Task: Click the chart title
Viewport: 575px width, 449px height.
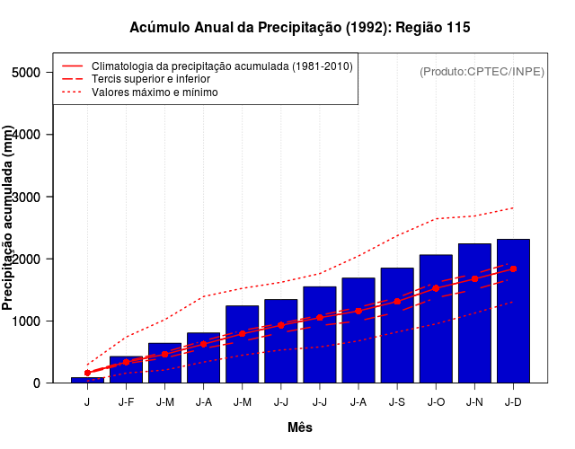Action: tap(300, 28)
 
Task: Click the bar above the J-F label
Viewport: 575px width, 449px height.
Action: tap(126, 373)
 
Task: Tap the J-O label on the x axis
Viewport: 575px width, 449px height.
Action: tap(436, 401)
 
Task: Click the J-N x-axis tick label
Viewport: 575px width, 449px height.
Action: tap(474, 401)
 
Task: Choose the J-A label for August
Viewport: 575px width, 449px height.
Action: tap(358, 401)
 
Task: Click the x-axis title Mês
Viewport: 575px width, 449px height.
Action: tap(300, 427)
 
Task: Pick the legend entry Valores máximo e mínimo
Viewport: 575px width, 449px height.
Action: tap(155, 92)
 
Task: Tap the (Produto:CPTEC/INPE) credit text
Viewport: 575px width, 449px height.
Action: tap(482, 71)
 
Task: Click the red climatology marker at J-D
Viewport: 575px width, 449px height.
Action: tap(513, 269)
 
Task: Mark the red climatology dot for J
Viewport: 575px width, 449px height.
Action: tap(87, 373)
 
